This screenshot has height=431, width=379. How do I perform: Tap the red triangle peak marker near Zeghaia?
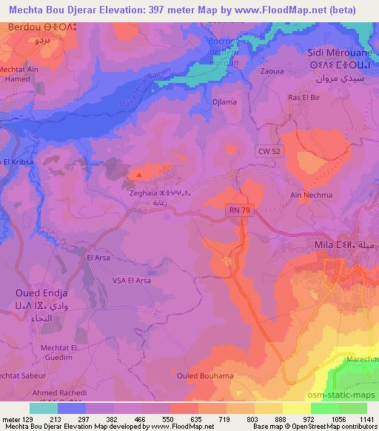[138, 176]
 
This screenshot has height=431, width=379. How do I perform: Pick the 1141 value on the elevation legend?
[366, 418]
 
